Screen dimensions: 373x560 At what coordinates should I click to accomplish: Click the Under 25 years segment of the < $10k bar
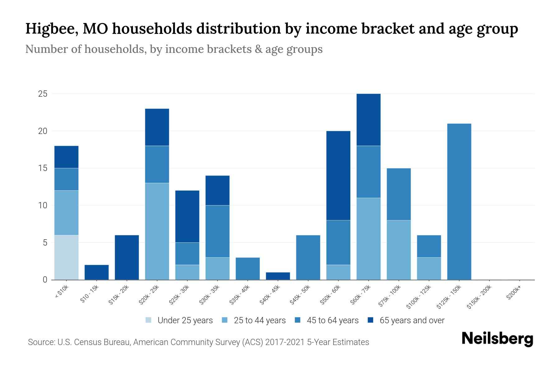tap(66, 257)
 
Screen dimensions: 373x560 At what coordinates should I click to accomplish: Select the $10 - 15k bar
tap(96, 272)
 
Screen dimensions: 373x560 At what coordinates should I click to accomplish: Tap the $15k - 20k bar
tap(127, 257)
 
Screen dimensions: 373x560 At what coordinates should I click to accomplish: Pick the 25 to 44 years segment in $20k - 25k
tap(157, 231)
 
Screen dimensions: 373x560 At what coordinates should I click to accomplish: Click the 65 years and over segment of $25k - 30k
tap(187, 216)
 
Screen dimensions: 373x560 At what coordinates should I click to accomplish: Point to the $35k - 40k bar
tap(248, 269)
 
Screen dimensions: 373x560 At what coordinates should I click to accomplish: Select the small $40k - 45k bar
tap(278, 276)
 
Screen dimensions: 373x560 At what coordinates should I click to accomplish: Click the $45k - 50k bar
tap(308, 257)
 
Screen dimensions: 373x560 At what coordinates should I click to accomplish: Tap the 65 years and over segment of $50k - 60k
tap(338, 176)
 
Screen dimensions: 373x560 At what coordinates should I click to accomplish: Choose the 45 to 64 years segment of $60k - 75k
tap(368, 172)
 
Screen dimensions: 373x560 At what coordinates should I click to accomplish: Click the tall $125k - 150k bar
tap(459, 201)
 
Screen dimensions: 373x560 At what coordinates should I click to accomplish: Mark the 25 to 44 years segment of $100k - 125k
tap(429, 269)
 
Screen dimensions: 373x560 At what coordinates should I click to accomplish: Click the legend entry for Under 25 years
tap(179, 320)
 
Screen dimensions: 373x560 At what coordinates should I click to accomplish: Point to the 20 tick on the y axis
tap(43, 131)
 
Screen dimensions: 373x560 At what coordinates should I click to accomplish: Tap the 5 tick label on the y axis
tap(45, 242)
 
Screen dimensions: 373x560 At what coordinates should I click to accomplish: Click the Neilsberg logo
tap(497, 339)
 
